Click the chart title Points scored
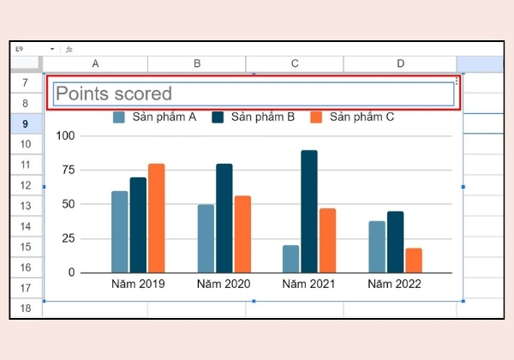(x=114, y=93)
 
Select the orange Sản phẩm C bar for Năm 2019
(x=157, y=218)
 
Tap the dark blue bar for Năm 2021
(x=309, y=212)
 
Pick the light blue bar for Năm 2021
(x=290, y=259)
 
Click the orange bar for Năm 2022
(x=414, y=261)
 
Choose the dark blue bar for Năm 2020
(x=224, y=218)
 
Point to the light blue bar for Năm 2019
(x=120, y=231)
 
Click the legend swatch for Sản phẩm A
(x=119, y=117)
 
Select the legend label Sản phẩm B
(x=263, y=117)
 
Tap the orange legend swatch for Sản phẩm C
(x=316, y=117)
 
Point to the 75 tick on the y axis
(x=69, y=170)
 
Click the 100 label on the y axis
(x=66, y=135)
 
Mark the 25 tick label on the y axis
(x=69, y=238)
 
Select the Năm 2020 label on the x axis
(x=224, y=284)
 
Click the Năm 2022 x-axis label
(x=394, y=284)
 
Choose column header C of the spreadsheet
(x=295, y=63)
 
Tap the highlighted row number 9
(x=26, y=123)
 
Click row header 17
(x=26, y=288)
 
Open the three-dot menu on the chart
(x=457, y=81)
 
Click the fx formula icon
(x=69, y=49)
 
